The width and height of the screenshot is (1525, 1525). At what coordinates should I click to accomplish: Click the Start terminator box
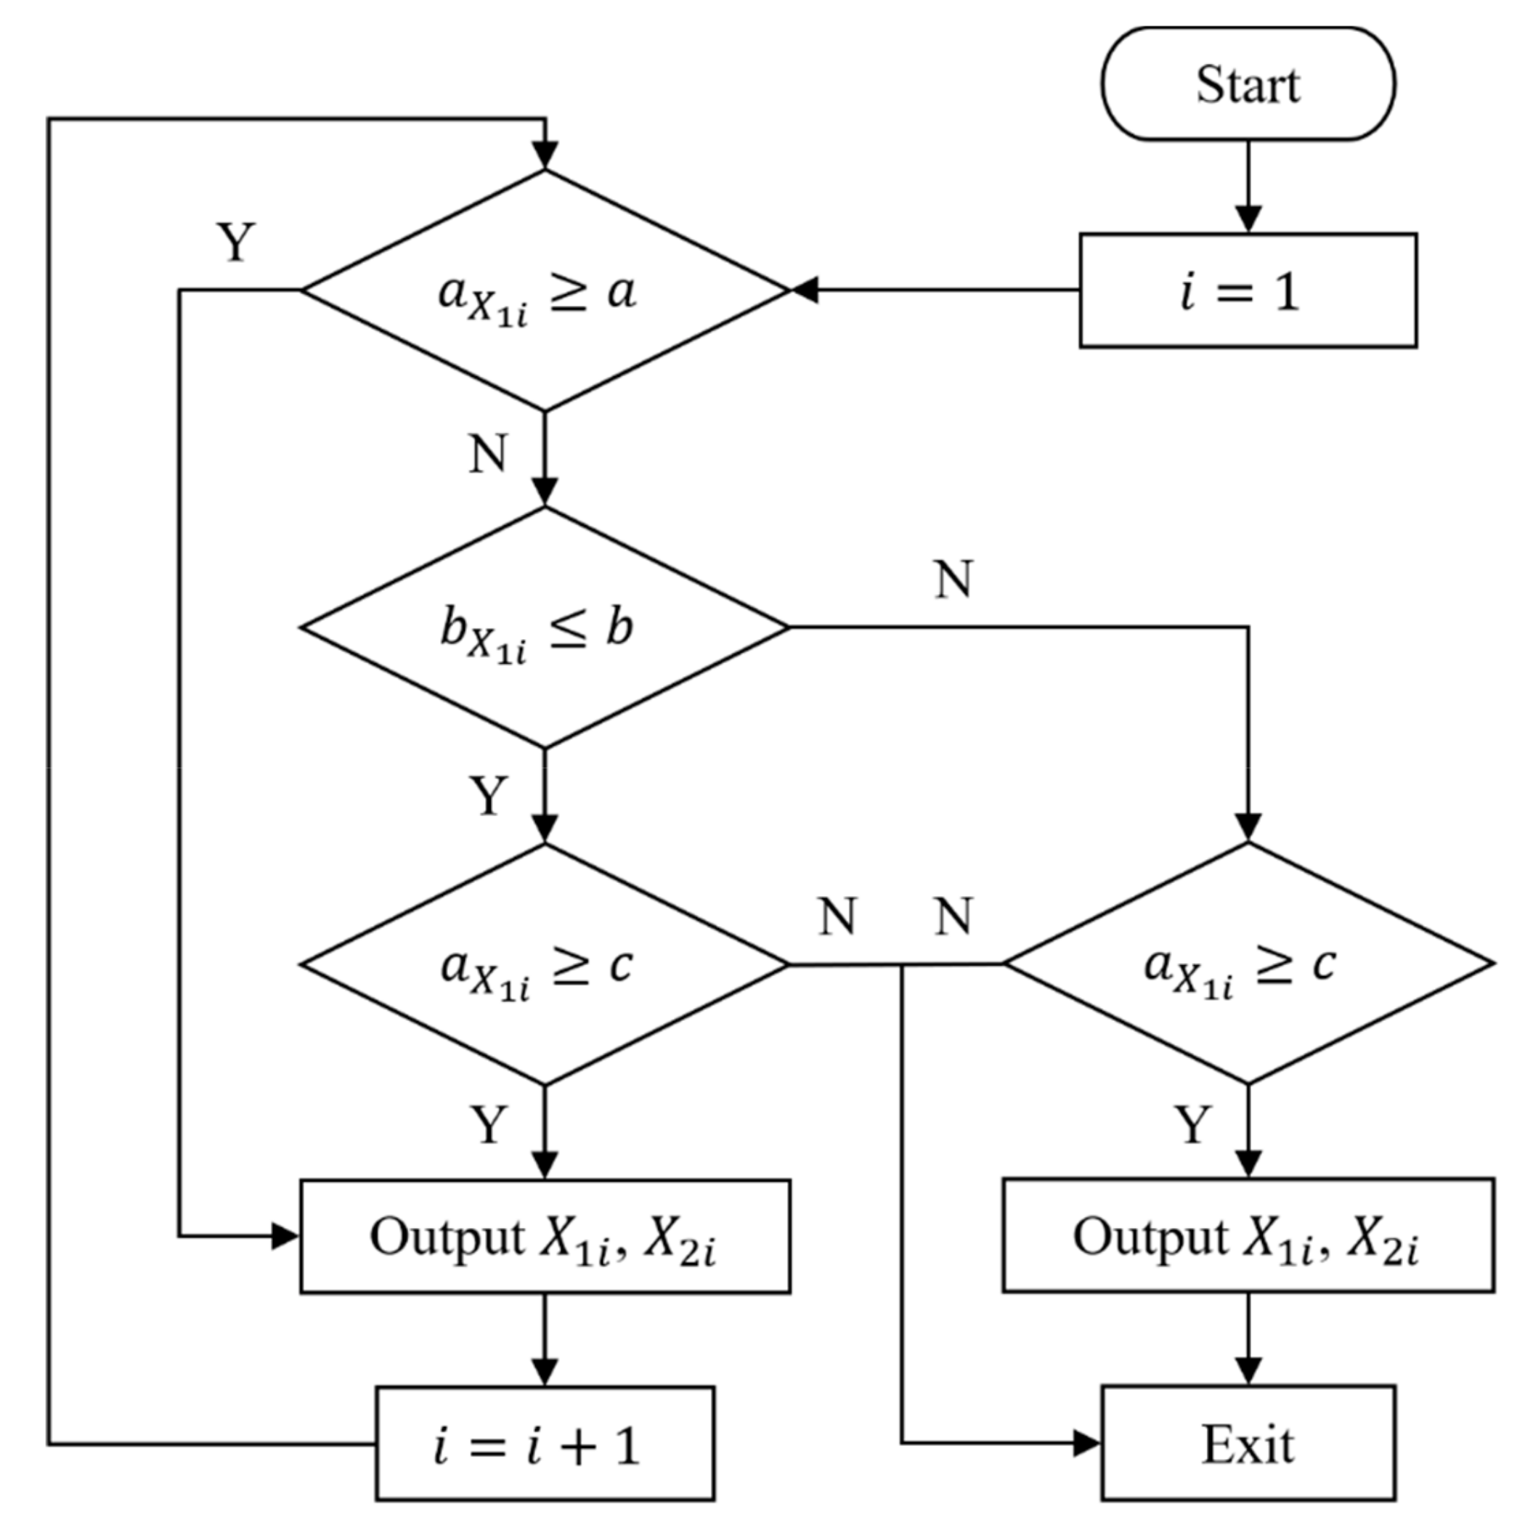coord(1248,84)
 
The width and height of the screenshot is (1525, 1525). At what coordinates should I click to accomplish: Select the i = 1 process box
coord(1248,290)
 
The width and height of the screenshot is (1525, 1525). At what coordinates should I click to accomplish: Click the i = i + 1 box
coord(545,1445)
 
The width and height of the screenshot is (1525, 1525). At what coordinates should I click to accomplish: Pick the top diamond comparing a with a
coord(545,290)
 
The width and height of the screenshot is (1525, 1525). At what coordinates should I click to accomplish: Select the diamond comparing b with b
coord(545,627)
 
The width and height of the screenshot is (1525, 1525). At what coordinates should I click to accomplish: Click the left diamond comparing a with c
coord(545,964)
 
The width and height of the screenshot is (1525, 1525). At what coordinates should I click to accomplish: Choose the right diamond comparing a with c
coord(1248,964)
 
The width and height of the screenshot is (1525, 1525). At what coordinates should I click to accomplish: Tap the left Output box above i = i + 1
coord(545,1236)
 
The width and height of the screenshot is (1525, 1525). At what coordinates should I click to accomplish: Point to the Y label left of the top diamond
coord(236,243)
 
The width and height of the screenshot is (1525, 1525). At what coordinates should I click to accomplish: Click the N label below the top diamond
coord(488,454)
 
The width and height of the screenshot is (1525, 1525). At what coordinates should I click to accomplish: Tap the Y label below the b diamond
coord(489,795)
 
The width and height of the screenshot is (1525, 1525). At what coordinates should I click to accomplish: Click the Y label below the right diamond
coord(1192,1124)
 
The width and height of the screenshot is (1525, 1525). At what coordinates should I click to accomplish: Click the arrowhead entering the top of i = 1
coord(1248,219)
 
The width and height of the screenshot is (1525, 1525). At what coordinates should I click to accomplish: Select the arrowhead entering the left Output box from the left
coord(285,1236)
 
